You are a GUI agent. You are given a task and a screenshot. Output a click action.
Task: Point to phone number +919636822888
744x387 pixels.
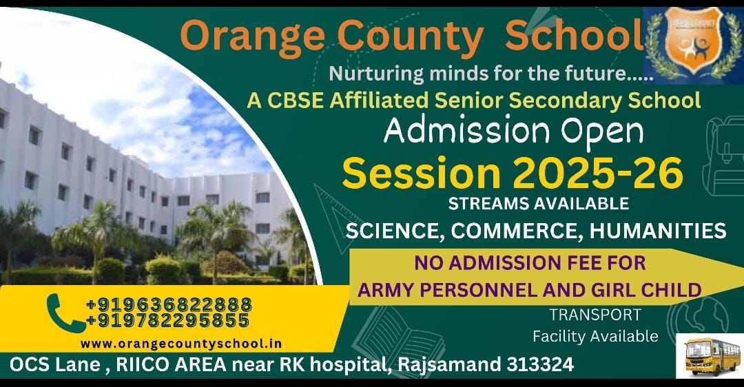coord(169,304)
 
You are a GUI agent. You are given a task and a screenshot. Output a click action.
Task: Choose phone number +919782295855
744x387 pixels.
coord(168,321)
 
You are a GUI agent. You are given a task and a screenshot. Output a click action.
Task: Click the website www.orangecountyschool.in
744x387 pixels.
coord(181,344)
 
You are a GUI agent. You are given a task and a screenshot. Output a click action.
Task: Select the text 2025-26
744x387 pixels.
coord(598,173)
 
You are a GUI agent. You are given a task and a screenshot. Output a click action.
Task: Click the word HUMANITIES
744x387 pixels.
coord(658,231)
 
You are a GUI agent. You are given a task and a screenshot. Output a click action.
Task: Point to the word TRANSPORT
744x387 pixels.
coord(595,315)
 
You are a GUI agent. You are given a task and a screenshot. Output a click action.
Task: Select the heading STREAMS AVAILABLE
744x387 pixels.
coord(539,203)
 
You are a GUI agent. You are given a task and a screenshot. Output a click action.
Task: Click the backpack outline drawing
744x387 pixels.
coord(722,156)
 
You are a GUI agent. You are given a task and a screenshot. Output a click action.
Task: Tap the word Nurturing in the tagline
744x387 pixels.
coord(377,74)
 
